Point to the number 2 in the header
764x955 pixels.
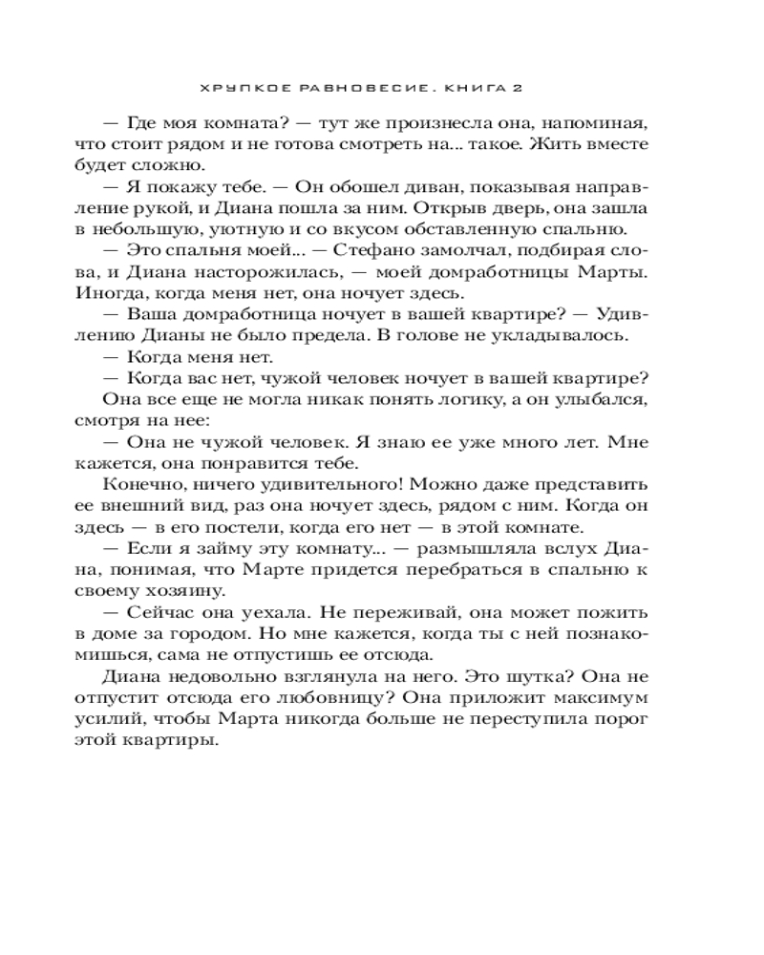[517, 87]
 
